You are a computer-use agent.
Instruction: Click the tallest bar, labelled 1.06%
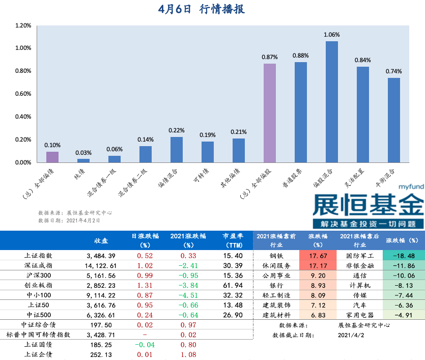[x=331, y=102]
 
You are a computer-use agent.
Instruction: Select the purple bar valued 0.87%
[x=269, y=113]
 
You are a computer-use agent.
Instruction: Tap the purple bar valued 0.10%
[x=52, y=157]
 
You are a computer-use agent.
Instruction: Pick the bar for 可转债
[x=207, y=152]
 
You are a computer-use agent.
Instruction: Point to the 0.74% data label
[x=393, y=71]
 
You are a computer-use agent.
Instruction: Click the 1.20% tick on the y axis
[x=23, y=25]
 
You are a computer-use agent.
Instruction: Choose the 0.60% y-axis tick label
[x=23, y=94]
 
